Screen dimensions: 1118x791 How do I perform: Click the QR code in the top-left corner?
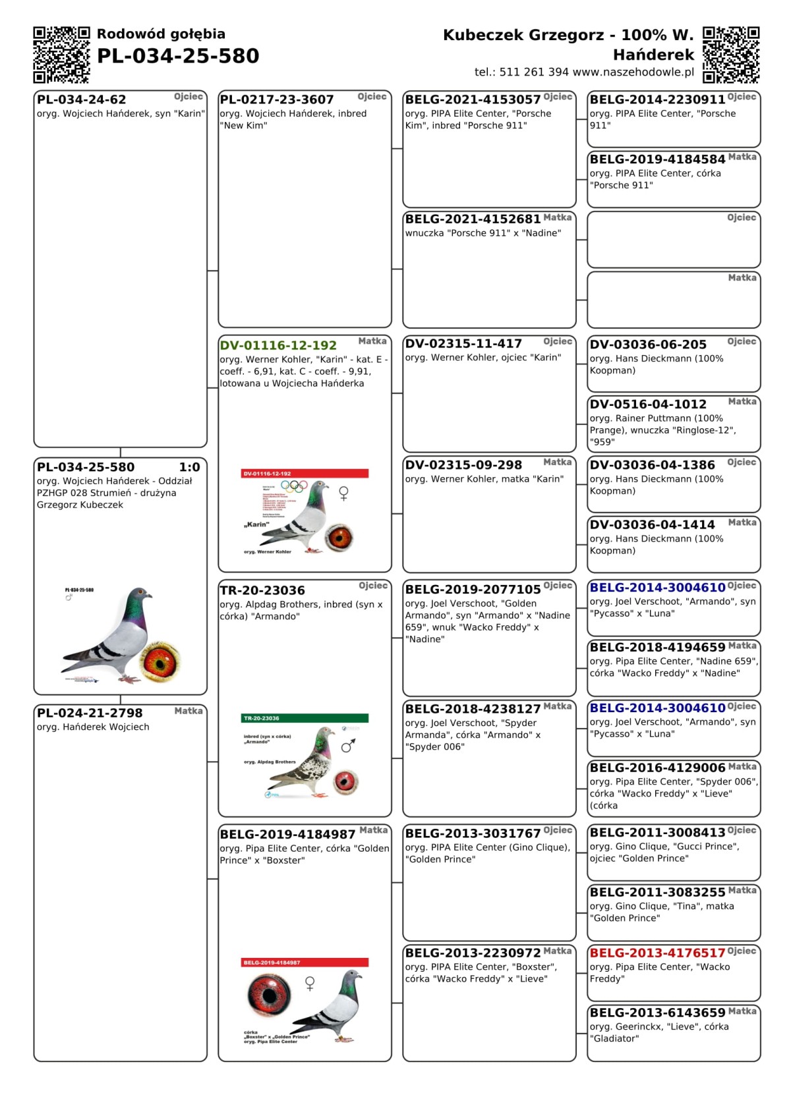61,55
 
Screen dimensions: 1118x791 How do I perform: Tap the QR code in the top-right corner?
731,55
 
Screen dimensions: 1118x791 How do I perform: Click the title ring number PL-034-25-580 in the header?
178,57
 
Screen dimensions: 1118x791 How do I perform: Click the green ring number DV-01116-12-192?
278,346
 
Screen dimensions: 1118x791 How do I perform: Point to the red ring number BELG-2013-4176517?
657,953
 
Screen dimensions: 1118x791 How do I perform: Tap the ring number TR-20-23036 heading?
262,590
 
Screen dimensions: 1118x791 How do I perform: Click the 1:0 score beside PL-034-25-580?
189,467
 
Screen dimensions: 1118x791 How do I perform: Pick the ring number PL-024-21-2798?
90,713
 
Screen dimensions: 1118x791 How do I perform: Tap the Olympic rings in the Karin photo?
294,486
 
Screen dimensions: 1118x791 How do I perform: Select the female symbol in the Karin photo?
343,493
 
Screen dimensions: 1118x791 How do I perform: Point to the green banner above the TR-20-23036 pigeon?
305,718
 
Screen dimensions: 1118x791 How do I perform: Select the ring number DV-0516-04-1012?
648,405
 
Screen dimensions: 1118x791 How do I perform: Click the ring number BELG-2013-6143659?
657,1013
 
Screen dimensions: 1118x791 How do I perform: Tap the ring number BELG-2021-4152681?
473,219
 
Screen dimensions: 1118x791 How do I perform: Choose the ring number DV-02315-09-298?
463,465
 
